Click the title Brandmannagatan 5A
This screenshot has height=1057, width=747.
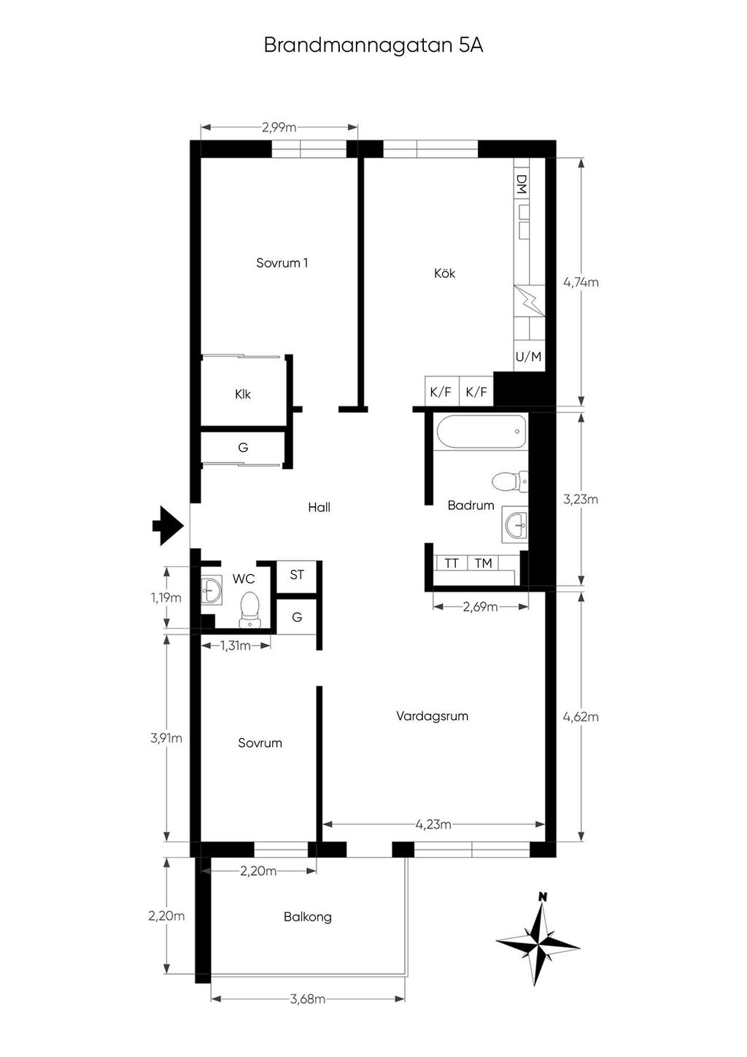click(373, 46)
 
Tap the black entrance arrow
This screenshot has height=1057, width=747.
click(168, 526)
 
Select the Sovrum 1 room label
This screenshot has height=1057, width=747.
click(282, 263)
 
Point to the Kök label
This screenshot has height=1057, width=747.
click(444, 274)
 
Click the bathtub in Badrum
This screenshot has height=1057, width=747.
click(481, 431)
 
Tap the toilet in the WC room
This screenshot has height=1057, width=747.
click(249, 610)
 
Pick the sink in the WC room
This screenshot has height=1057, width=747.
click(211, 589)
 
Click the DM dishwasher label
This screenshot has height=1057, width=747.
click(521, 185)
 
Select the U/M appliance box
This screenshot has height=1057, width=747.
click(528, 357)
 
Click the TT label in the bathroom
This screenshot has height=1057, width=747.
click(451, 563)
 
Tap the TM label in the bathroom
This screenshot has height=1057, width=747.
click(483, 563)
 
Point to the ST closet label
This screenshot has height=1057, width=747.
click(296, 575)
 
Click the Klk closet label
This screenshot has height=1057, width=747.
click(243, 394)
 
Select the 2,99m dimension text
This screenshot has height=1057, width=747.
click(279, 127)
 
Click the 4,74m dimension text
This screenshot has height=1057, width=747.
click(581, 282)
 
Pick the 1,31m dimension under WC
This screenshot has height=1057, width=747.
click(236, 646)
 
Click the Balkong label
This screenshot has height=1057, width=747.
click(308, 916)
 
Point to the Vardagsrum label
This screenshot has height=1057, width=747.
click(433, 716)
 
